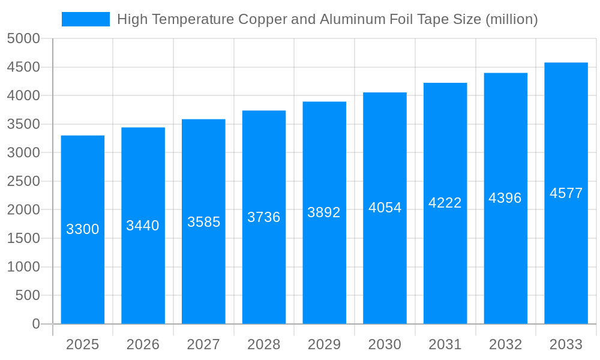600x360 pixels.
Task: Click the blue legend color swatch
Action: coord(85,19)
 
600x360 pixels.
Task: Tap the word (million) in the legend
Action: coord(511,19)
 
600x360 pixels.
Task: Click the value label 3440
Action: coord(143,226)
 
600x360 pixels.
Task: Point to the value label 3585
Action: coord(204,222)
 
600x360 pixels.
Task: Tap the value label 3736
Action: coord(264,217)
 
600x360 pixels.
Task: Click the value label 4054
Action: coord(385,208)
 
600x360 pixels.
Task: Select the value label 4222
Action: coord(445,203)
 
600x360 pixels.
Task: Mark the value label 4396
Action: coord(505,198)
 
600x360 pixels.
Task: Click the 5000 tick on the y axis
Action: coord(23,39)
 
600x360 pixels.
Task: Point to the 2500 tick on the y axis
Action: coord(23,181)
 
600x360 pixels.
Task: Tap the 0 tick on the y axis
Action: coord(35,324)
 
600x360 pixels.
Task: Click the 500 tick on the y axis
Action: coord(28,295)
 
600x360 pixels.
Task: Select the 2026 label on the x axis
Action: coord(143,344)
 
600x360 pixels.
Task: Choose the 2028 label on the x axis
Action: coord(264,344)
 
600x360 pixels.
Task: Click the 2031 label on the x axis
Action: coord(445,344)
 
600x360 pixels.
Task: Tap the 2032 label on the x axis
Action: coord(505,344)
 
